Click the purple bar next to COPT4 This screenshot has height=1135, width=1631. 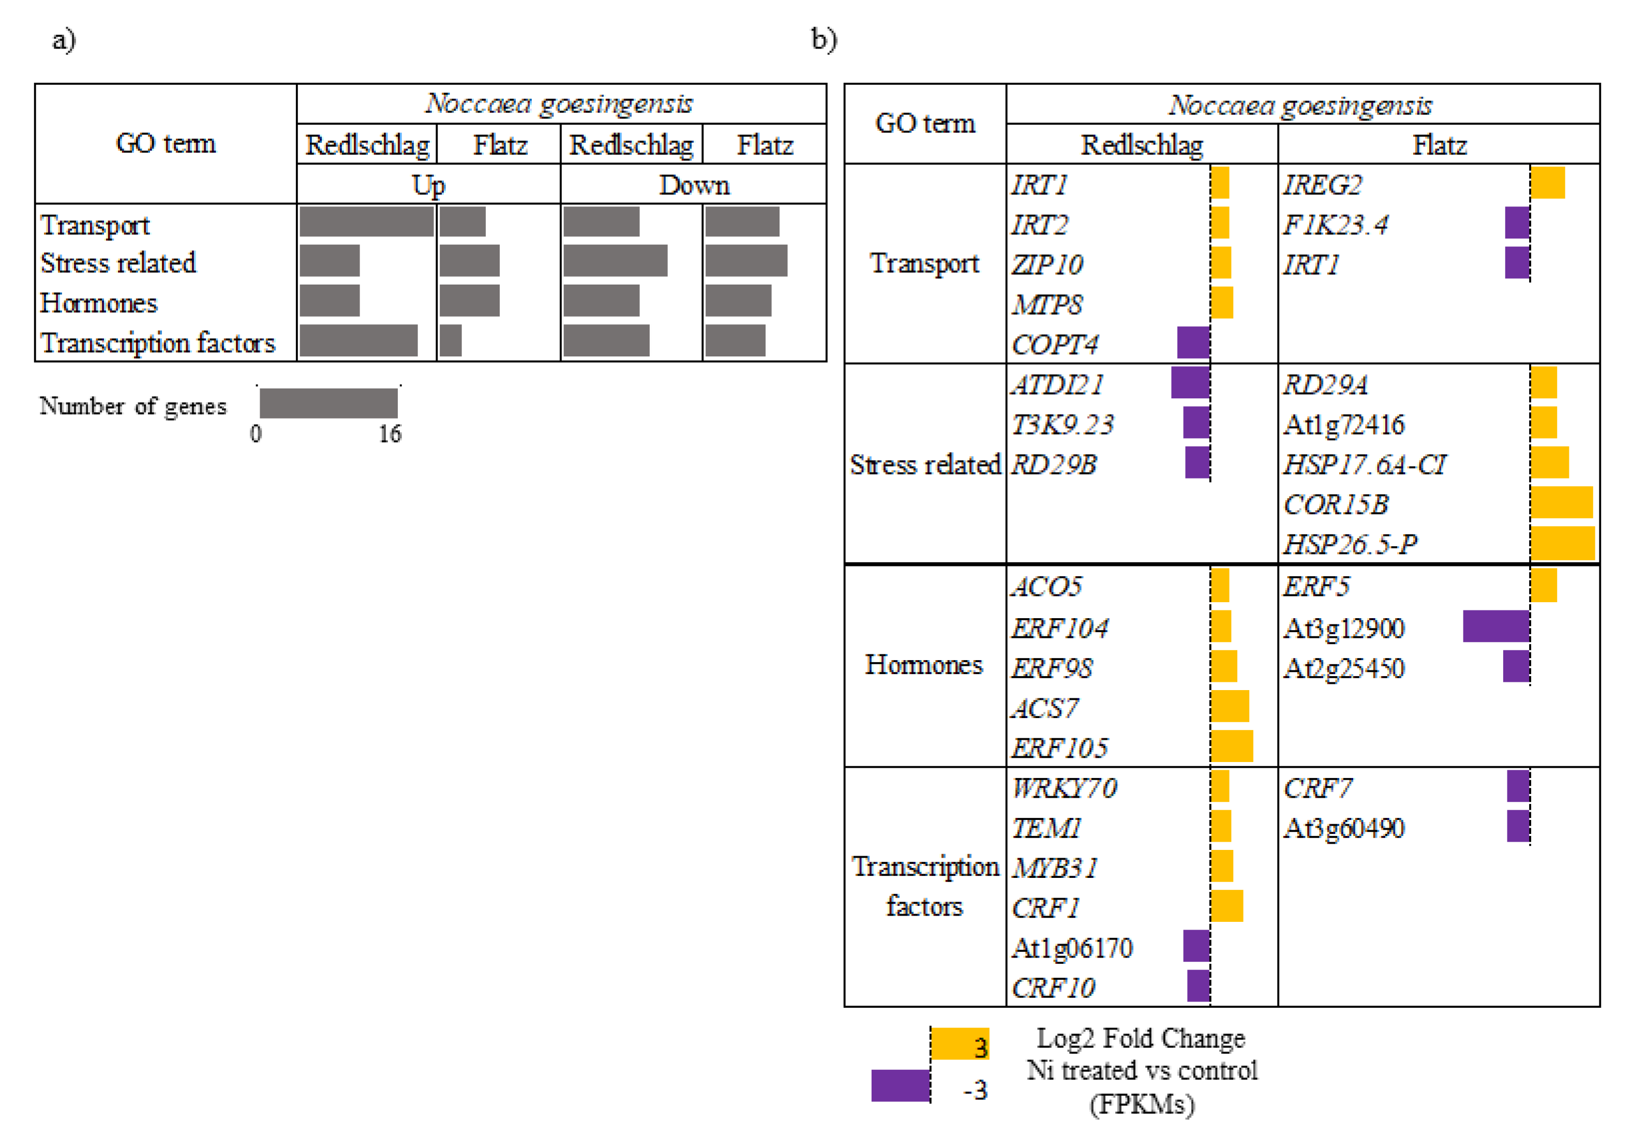pyautogui.click(x=1193, y=342)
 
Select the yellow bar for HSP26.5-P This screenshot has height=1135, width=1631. pyautogui.click(x=1562, y=543)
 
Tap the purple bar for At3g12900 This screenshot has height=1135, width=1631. pyautogui.click(x=1495, y=626)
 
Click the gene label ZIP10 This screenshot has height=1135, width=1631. pyautogui.click(x=1047, y=265)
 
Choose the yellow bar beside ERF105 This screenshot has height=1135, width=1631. pyautogui.click(x=1232, y=746)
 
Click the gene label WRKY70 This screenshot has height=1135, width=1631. pyautogui.click(x=1064, y=788)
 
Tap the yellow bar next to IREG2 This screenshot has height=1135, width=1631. pyautogui.click(x=1547, y=183)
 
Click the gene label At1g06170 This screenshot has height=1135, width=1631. pyautogui.click(x=1071, y=948)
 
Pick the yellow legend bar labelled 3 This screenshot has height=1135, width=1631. pyautogui.click(x=959, y=1043)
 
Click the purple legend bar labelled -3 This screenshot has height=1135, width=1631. pyautogui.click(x=900, y=1085)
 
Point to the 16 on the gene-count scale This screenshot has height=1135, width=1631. pyautogui.click(x=390, y=434)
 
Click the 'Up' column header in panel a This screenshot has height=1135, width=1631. pyautogui.click(x=428, y=185)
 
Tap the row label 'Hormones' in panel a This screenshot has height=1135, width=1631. pyautogui.click(x=99, y=303)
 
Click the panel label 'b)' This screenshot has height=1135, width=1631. pyautogui.click(x=824, y=39)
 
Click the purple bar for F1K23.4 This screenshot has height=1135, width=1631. pyautogui.click(x=1517, y=223)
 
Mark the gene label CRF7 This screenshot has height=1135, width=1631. pyautogui.click(x=1317, y=788)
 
